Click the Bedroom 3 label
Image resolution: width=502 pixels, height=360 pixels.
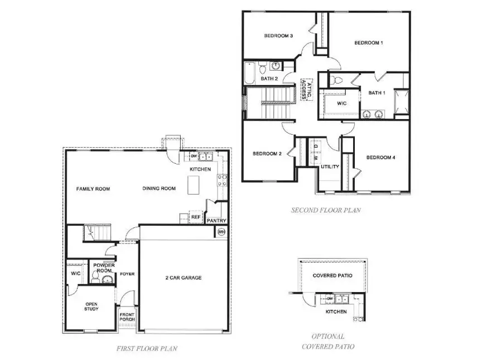click(x=279, y=36)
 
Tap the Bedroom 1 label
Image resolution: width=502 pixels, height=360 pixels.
click(x=369, y=42)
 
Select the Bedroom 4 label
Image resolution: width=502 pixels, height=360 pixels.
click(x=380, y=158)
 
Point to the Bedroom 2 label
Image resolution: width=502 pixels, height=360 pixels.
click(x=267, y=154)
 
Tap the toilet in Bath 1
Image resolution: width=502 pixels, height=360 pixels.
click(x=334, y=80)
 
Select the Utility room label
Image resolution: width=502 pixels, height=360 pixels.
click(x=330, y=167)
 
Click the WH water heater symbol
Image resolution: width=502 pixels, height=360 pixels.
click(x=221, y=232)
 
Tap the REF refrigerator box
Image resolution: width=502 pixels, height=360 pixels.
click(x=196, y=217)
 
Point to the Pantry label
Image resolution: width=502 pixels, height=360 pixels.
click(x=216, y=221)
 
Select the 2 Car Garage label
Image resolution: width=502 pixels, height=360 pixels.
click(x=184, y=278)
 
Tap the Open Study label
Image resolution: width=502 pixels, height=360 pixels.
click(x=91, y=306)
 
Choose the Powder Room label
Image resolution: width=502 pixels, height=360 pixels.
click(x=104, y=267)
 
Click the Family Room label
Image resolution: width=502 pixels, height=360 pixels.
click(x=93, y=189)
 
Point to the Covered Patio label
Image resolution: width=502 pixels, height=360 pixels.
click(x=332, y=275)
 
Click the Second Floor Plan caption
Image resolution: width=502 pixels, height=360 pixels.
click(x=326, y=210)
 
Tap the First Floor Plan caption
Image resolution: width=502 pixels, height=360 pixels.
click(x=147, y=348)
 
